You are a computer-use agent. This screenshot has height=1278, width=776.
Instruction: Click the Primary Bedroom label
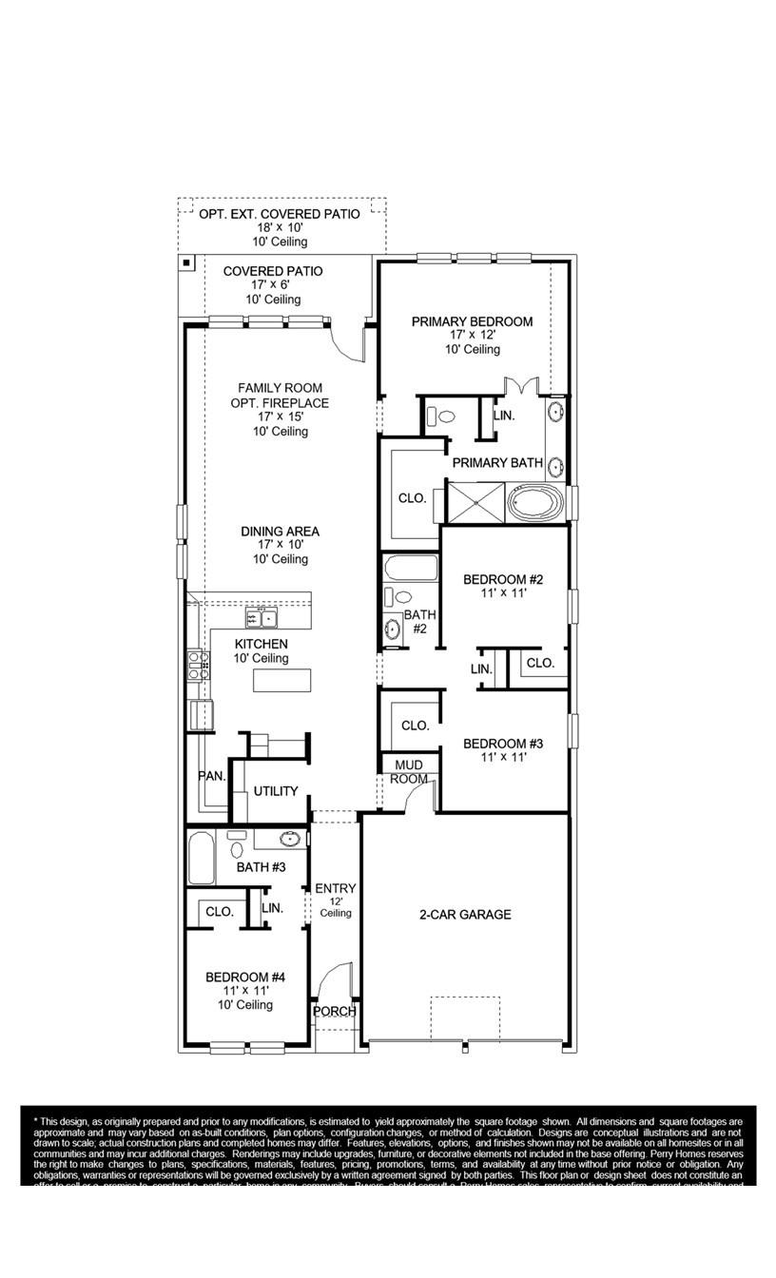(x=472, y=322)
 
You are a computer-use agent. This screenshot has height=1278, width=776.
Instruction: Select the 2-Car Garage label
(x=465, y=915)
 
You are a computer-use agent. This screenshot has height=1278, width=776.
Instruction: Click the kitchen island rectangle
(x=281, y=681)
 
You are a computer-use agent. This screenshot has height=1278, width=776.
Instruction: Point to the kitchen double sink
(x=261, y=619)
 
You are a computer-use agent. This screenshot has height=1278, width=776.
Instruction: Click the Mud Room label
(x=408, y=771)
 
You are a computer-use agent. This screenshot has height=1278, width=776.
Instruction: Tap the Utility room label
(x=276, y=791)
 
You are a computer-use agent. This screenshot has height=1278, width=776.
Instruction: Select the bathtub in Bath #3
(x=202, y=859)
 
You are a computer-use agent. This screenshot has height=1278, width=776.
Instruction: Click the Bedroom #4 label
(x=245, y=978)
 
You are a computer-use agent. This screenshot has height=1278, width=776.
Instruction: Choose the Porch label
(x=335, y=1011)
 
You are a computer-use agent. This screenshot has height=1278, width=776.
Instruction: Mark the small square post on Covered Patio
(x=187, y=262)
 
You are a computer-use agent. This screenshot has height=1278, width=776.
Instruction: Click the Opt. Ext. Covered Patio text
(x=279, y=214)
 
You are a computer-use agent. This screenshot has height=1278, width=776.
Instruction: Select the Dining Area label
(x=280, y=532)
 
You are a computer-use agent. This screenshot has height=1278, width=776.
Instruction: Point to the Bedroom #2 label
(x=502, y=580)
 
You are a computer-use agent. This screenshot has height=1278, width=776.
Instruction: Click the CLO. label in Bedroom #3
(x=415, y=726)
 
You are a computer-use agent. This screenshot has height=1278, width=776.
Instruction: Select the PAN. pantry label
(x=211, y=776)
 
